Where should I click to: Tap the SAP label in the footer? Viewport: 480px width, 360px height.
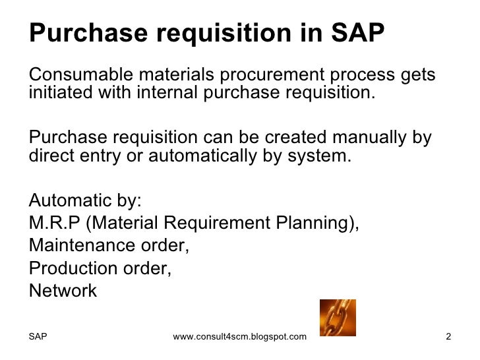point(38,337)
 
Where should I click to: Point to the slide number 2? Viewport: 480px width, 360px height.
point(448,337)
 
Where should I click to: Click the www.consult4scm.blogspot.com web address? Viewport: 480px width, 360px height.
point(239,337)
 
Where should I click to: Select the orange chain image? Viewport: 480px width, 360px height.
point(337,317)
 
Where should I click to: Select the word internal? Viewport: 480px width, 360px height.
point(165,92)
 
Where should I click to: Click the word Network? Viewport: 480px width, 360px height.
point(63,290)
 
